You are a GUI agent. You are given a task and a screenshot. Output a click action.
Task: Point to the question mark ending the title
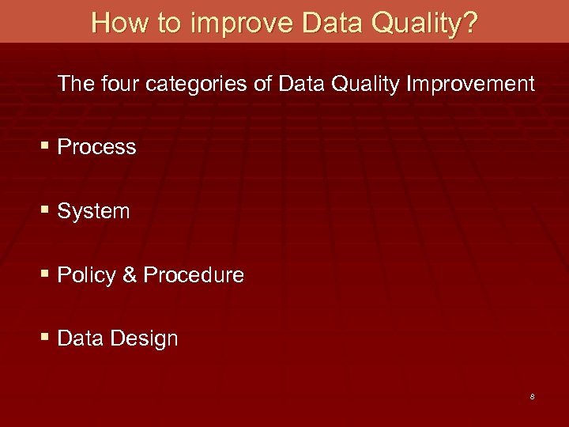(470, 22)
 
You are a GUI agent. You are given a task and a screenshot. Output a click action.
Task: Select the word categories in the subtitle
(202, 84)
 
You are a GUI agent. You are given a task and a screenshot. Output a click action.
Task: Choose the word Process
(97, 147)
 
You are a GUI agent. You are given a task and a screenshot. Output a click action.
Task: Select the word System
(94, 211)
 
